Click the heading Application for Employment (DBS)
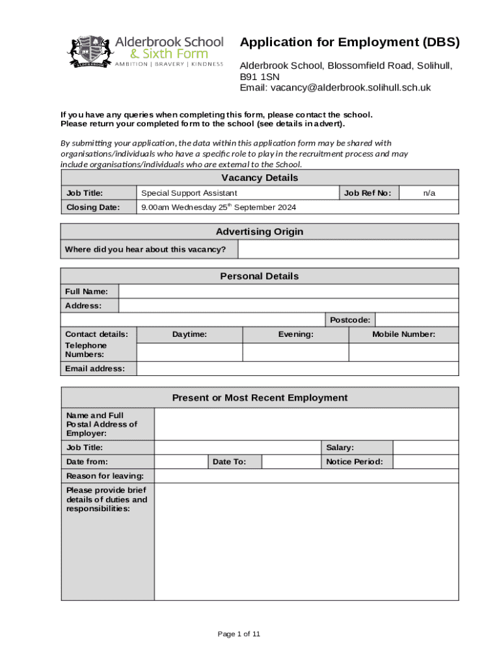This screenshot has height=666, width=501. [x=349, y=43]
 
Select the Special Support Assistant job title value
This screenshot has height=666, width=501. [x=189, y=193]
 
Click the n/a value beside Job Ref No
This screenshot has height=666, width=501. [x=429, y=193]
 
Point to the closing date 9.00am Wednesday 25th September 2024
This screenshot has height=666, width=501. [x=219, y=207]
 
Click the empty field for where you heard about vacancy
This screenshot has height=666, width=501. [x=348, y=249]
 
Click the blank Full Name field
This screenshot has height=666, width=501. [x=288, y=291]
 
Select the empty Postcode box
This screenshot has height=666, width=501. [x=417, y=320]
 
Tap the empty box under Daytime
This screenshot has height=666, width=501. [x=189, y=352]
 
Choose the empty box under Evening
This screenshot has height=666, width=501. [x=295, y=352]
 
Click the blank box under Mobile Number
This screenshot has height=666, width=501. [x=403, y=352]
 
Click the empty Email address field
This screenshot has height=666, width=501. [x=297, y=369]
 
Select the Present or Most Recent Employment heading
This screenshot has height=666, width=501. [x=260, y=398]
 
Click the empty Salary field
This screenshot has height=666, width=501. [x=426, y=447]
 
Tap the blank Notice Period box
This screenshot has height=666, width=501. [x=426, y=462]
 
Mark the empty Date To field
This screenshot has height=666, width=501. [x=291, y=462]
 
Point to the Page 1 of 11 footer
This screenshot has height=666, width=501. [x=239, y=634]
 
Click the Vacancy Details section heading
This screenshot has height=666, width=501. [x=260, y=178]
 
